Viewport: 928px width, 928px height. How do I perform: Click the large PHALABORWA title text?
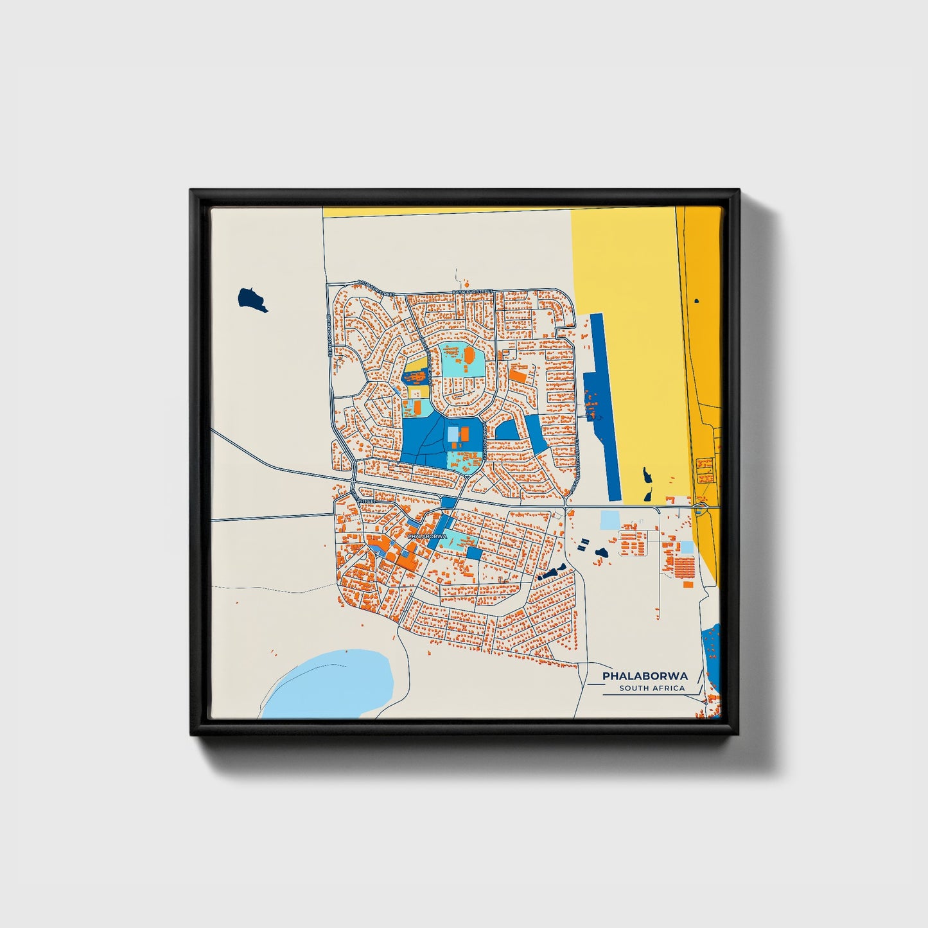(x=645, y=676)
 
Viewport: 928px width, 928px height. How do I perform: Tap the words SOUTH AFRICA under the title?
(x=652, y=688)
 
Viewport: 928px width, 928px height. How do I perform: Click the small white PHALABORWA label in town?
(x=426, y=536)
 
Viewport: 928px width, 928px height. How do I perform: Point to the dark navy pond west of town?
(x=252, y=299)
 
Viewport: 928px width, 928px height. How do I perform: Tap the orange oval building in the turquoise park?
(x=469, y=355)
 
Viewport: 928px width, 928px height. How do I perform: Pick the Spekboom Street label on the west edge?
(x=329, y=335)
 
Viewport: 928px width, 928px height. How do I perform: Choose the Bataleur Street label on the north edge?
(x=472, y=292)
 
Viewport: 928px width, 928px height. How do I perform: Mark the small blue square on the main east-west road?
(x=448, y=502)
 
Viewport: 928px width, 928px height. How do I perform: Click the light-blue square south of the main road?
(x=609, y=520)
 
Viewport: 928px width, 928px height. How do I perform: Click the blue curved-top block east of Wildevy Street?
(x=507, y=430)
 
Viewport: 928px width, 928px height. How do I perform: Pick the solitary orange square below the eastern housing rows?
(x=688, y=584)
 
